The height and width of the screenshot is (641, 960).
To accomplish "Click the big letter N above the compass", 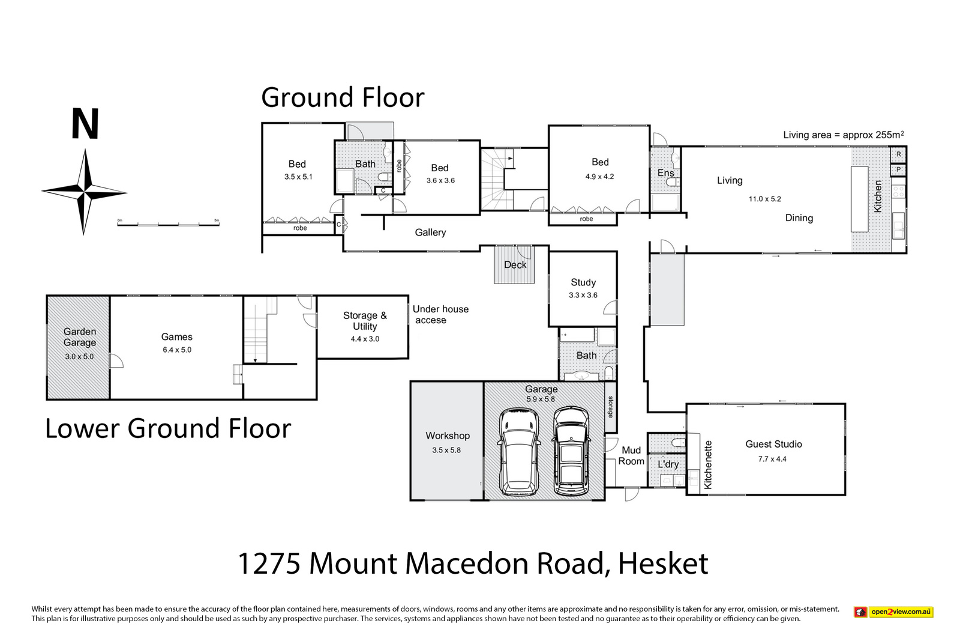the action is pos(85,124).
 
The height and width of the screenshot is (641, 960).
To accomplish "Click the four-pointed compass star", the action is pos(85,192).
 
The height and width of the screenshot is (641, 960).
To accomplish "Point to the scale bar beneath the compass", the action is pos(169,223).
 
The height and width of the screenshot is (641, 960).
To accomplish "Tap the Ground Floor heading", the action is pos(343,97).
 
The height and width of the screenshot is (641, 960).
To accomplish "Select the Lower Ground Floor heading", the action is pos(168,428).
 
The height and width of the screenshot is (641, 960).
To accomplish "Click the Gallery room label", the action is pos(430,232).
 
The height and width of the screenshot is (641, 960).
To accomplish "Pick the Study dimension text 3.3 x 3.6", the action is pos(583,295).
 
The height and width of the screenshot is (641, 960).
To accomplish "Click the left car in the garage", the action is pos(518,452).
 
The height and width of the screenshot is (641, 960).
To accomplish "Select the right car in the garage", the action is pos(571,451).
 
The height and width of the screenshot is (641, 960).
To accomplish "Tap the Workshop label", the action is pos(448,436).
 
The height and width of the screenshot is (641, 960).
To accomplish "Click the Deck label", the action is pos(515,265).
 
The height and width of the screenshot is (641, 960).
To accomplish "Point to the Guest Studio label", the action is pos(773,445).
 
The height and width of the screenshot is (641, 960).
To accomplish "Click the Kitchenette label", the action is pos(708,464).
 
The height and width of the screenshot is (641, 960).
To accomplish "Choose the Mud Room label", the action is pos(631,455).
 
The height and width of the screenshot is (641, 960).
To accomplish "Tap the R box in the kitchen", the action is pos(899,154).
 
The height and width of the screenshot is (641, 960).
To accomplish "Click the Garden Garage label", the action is pos(80,337).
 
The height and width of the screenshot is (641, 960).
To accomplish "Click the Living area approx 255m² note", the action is pos(844,135).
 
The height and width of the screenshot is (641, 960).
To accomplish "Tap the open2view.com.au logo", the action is pos(893,612).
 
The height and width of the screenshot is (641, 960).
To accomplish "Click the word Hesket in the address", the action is pos(662,564).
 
